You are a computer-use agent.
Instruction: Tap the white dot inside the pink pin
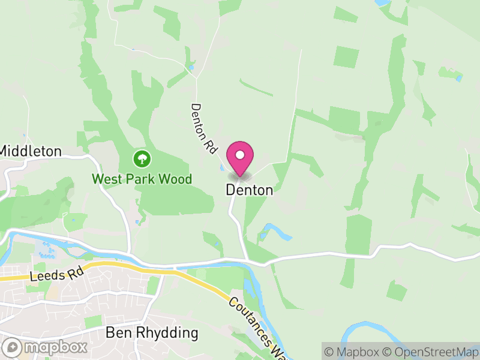[240, 155]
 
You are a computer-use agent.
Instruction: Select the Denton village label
[250, 190]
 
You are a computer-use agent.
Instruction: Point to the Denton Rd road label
[203, 130]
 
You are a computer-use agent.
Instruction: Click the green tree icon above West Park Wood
[142, 159]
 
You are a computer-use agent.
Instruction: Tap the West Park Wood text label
[142, 179]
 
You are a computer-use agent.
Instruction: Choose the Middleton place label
[31, 151]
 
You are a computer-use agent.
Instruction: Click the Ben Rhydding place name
[152, 332]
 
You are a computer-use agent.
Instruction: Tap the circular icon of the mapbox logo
[13, 347]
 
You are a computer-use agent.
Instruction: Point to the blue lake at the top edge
[382, 3]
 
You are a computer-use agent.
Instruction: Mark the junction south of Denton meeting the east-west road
[247, 260]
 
